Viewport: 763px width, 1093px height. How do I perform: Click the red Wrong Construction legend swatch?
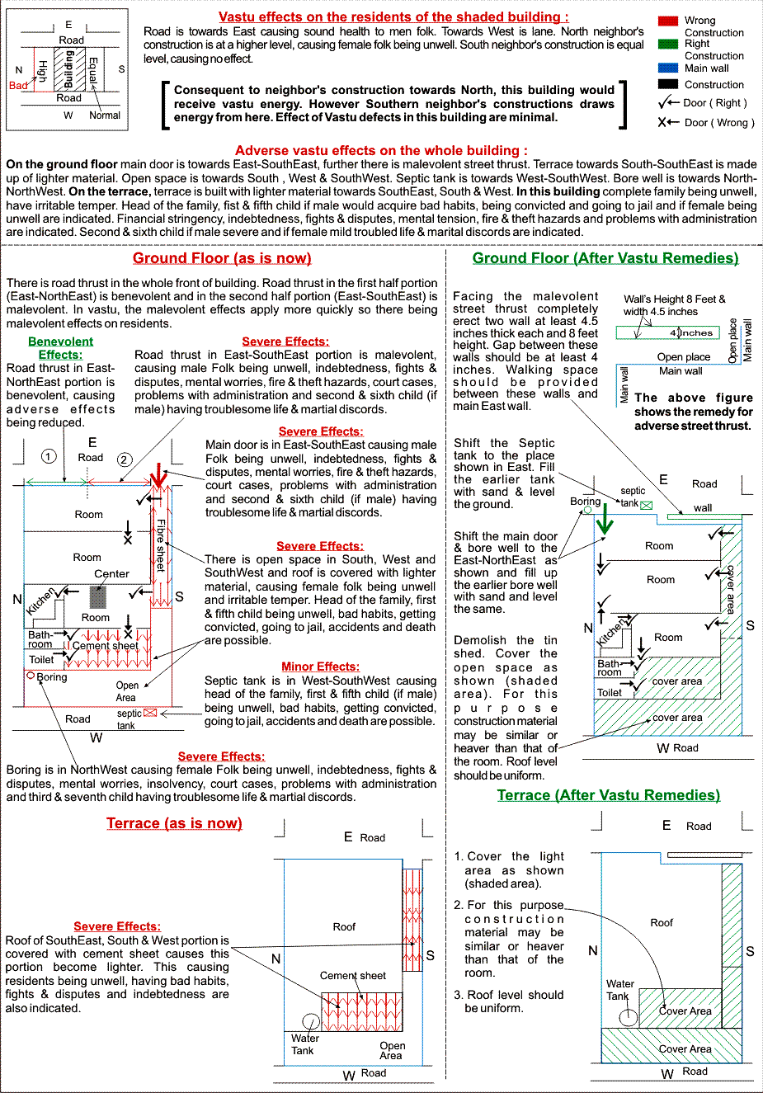668,21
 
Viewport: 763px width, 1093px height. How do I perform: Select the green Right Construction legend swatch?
668,44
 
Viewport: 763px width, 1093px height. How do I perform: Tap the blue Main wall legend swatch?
668,68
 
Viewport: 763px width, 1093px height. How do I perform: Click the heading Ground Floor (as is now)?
222,258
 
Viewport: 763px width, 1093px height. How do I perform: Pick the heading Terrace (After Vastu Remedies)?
608,795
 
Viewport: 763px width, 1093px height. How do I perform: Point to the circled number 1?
49,456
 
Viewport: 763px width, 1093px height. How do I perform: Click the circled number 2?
125,459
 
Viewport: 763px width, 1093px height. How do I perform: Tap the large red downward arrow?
158,476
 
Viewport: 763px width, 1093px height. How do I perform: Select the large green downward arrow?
605,519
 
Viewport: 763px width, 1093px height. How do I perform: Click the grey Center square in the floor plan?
98,597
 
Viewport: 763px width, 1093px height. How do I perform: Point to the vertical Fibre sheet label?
161,544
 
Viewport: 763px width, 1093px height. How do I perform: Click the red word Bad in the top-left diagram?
17,86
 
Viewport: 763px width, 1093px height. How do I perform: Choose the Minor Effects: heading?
320,667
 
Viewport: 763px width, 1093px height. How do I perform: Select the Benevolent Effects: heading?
60,348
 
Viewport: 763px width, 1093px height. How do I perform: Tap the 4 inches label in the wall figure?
692,333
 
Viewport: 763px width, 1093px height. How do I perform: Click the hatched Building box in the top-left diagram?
69,68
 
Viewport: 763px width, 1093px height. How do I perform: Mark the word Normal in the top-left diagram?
105,115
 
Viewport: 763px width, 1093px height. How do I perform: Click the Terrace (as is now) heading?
174,823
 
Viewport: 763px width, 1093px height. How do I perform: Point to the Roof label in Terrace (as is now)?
344,927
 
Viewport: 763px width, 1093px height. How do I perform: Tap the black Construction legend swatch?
668,84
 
